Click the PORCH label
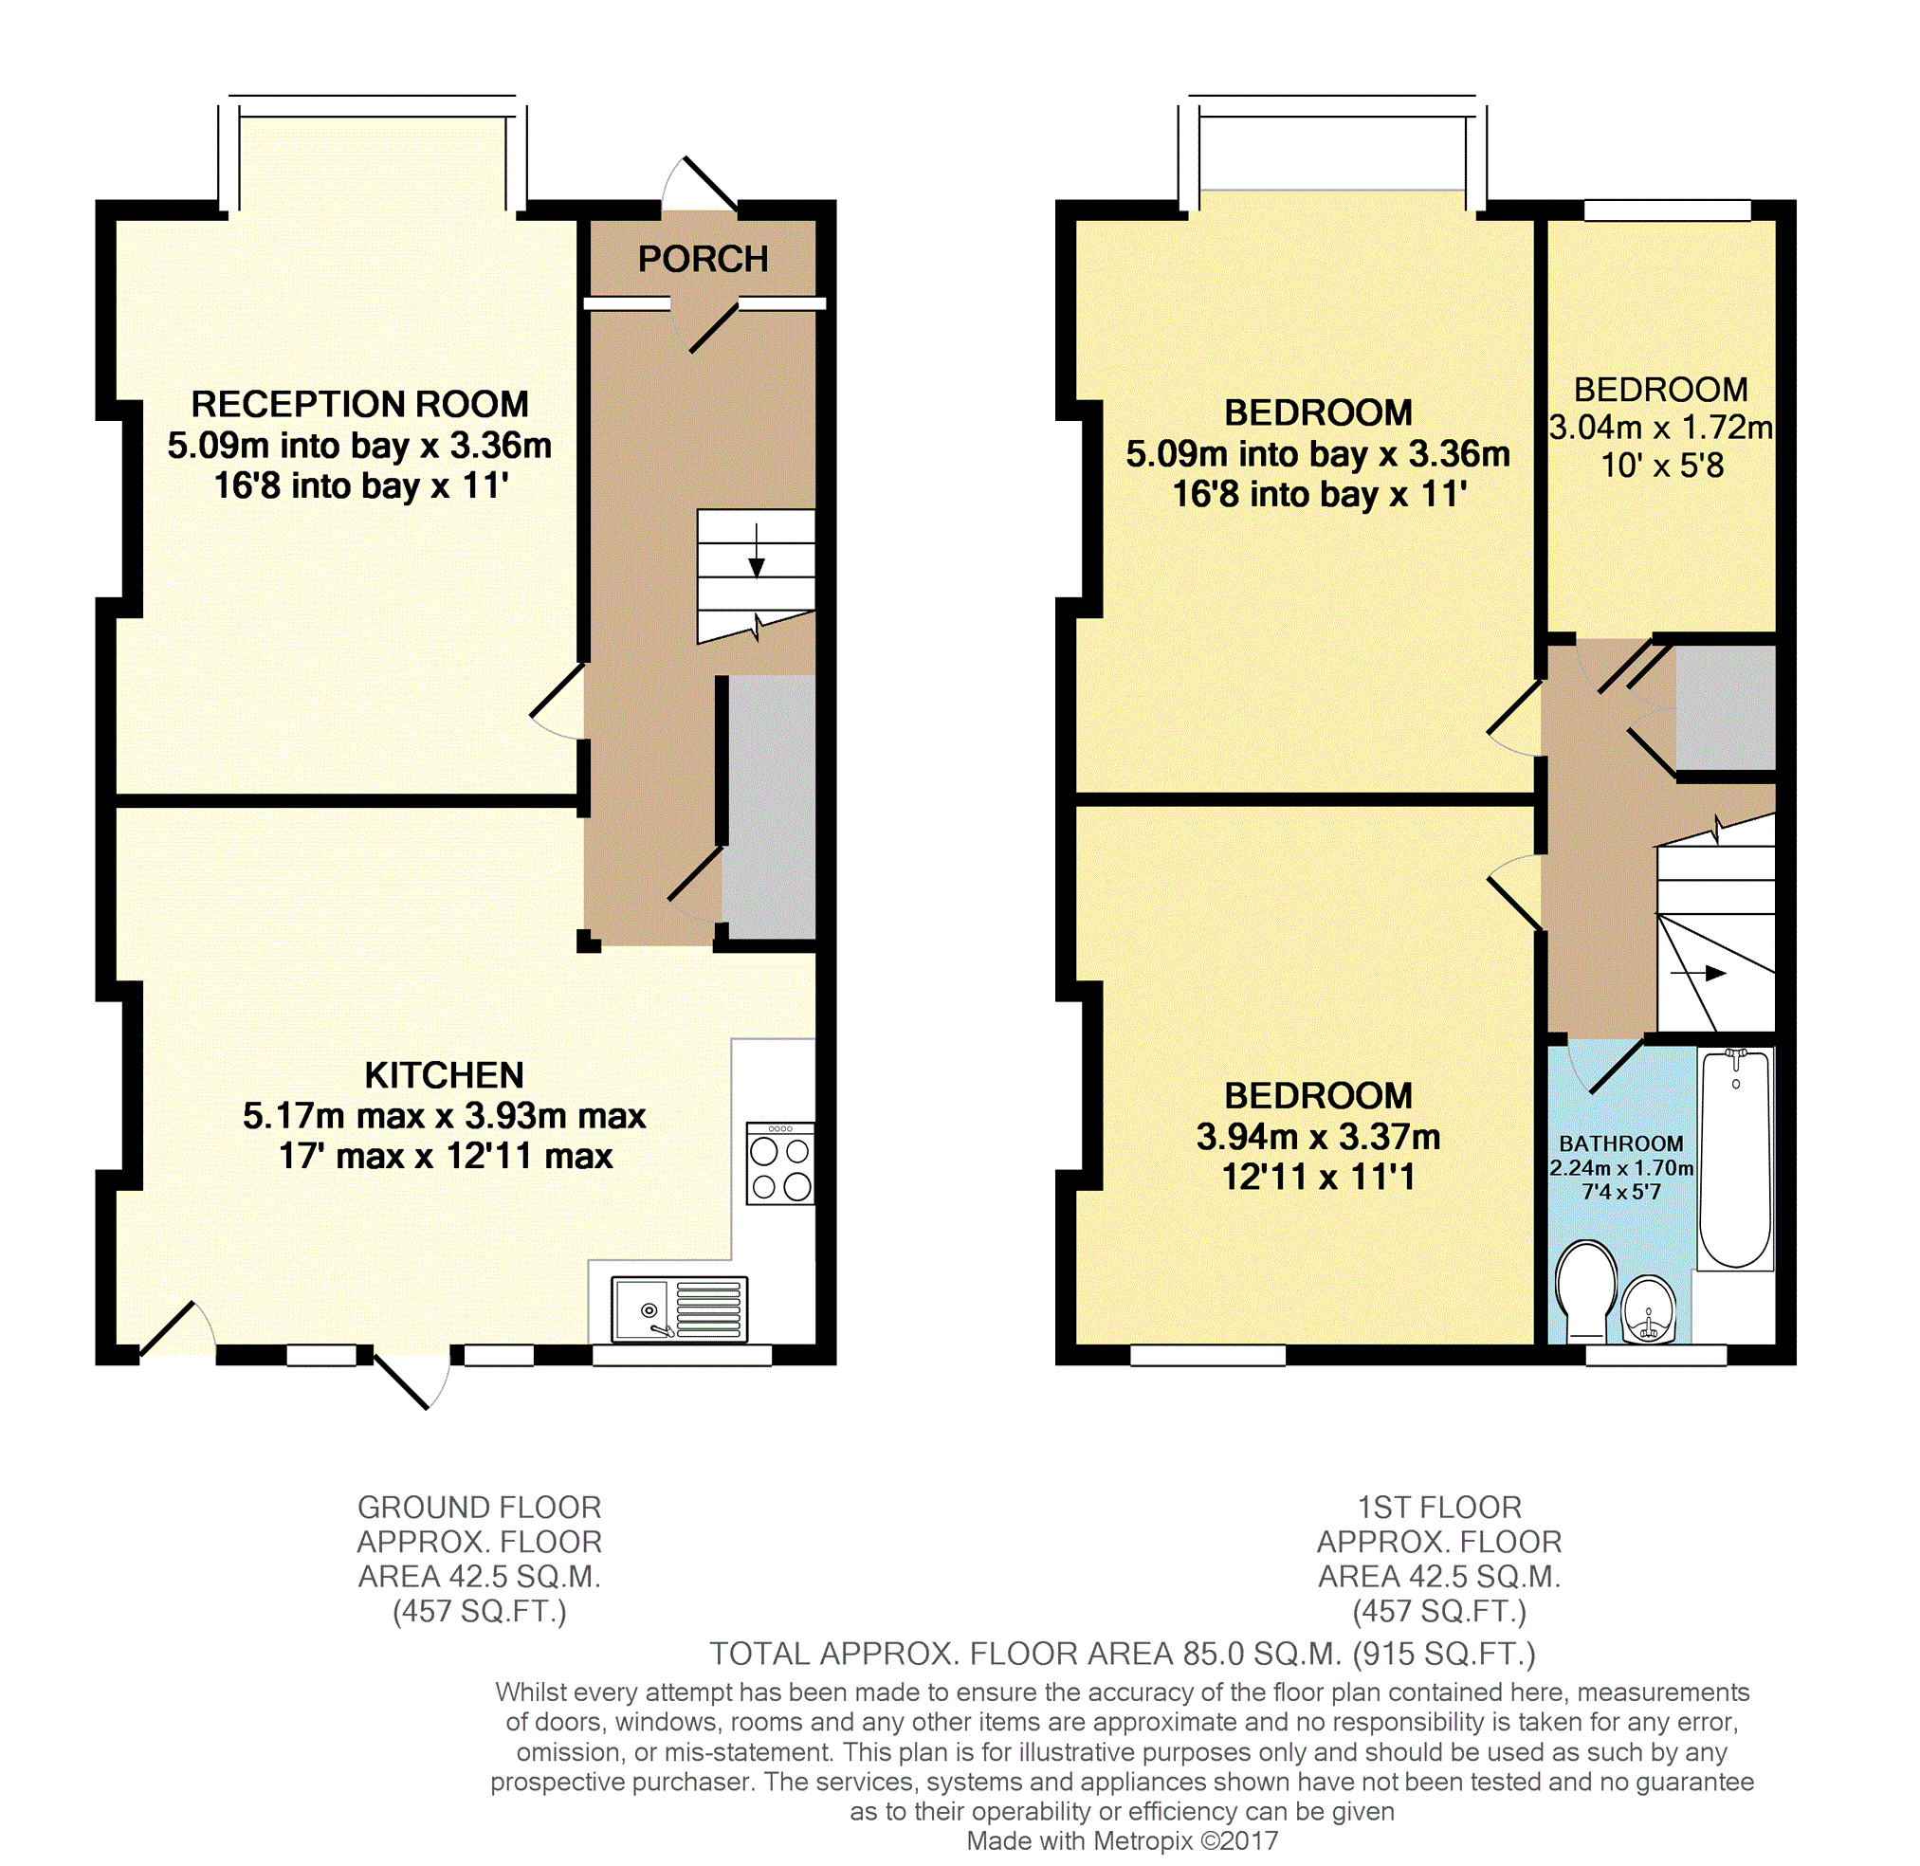point(703,259)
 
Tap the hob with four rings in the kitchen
point(780,1164)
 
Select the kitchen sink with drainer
point(679,1308)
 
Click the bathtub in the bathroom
point(1736,1159)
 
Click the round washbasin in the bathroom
point(1649,1309)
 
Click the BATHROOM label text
point(1621,1143)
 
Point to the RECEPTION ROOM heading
point(359,404)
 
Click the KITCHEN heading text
point(444,1075)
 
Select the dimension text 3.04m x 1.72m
point(1661,428)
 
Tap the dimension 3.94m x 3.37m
point(1318,1137)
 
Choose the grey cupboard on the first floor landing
point(1726,706)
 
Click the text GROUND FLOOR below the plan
point(479,1508)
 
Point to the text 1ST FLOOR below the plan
point(1438,1508)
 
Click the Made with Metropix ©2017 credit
point(1123,1840)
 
